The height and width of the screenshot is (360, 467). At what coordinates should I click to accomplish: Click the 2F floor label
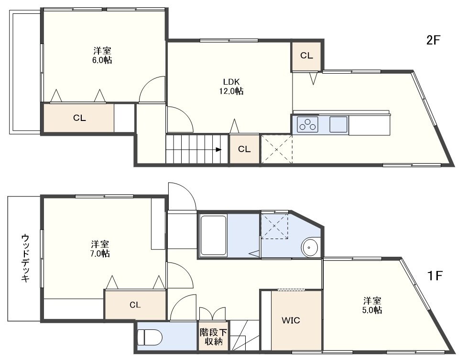tap(433, 40)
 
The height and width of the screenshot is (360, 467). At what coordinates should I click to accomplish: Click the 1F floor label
tap(435, 276)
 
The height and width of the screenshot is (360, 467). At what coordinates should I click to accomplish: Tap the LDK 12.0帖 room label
tap(231, 87)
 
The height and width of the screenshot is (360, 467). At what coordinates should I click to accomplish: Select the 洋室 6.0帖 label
tap(102, 55)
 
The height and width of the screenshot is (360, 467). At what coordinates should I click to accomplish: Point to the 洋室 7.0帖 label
tap(100, 249)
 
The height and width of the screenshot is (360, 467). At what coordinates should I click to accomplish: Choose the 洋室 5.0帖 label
tap(372, 305)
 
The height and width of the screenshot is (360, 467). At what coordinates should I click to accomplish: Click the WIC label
tap(291, 321)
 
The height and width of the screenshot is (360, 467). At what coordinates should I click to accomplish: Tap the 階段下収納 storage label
tap(213, 337)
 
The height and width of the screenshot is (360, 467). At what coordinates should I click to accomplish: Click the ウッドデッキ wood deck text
tap(25, 258)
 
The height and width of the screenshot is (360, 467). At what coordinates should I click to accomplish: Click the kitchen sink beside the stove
tap(338, 124)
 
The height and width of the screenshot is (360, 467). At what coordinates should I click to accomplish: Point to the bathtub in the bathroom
tap(214, 235)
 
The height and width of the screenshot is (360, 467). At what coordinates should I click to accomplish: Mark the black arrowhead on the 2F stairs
tap(218, 149)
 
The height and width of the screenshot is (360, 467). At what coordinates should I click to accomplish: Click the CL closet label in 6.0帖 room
tap(79, 118)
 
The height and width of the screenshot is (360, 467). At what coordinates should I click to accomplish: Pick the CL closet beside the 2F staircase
tap(244, 149)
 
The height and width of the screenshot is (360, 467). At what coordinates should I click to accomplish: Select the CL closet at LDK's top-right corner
tap(306, 56)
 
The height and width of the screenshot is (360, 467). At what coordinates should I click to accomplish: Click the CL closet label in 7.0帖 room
tap(135, 305)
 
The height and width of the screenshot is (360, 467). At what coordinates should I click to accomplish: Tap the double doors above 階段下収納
tap(212, 314)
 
